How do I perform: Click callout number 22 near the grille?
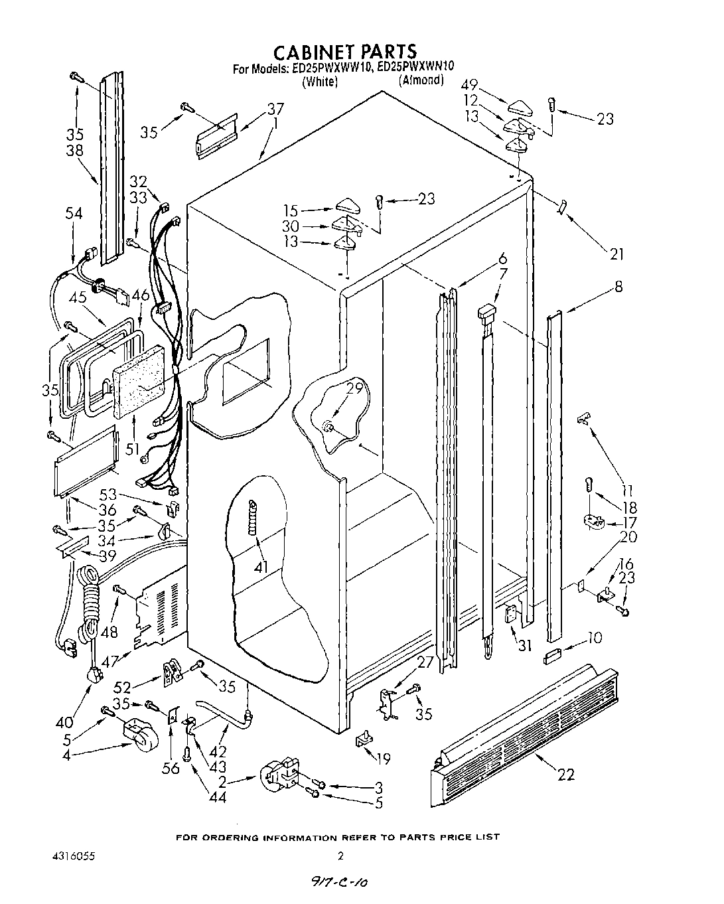tap(565, 774)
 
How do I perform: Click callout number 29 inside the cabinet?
tap(355, 388)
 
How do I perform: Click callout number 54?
tap(74, 213)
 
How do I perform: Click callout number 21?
tap(616, 253)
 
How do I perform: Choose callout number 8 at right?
tap(618, 287)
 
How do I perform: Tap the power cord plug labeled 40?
tap(96, 675)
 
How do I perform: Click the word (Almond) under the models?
tap(421, 80)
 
